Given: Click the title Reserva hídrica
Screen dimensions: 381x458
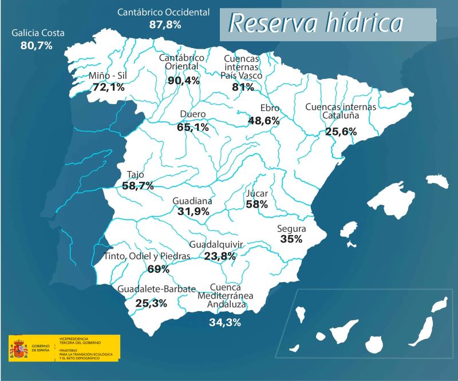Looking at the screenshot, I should (x=315, y=23).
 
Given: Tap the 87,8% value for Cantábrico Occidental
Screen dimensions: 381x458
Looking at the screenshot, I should (x=165, y=25).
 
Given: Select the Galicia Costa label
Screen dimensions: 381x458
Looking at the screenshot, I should (x=38, y=33).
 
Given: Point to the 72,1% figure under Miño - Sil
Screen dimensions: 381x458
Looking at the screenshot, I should (x=108, y=88).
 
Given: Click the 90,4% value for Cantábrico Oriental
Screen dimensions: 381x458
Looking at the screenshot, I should (x=184, y=81).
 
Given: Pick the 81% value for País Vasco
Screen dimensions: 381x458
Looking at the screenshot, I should (x=243, y=87).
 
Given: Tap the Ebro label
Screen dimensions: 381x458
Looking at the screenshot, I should (x=270, y=108).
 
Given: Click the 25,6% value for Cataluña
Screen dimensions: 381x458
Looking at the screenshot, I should (x=341, y=132).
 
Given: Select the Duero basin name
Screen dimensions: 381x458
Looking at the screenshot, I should (x=192, y=114).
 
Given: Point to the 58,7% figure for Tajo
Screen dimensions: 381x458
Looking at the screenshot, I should (x=138, y=186).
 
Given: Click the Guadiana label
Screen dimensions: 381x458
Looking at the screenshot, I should (x=192, y=201).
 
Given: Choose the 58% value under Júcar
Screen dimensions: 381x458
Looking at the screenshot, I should (x=256, y=204).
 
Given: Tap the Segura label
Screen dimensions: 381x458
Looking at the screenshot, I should (x=291, y=229).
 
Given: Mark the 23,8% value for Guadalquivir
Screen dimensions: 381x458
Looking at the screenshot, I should (x=220, y=256).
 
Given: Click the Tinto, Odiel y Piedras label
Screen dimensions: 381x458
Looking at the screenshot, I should (x=147, y=256).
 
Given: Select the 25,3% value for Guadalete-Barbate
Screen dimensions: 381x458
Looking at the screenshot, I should (x=151, y=303).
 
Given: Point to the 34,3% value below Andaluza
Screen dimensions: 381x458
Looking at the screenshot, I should (x=225, y=323).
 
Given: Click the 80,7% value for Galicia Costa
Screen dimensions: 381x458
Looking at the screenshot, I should (x=36, y=45).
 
